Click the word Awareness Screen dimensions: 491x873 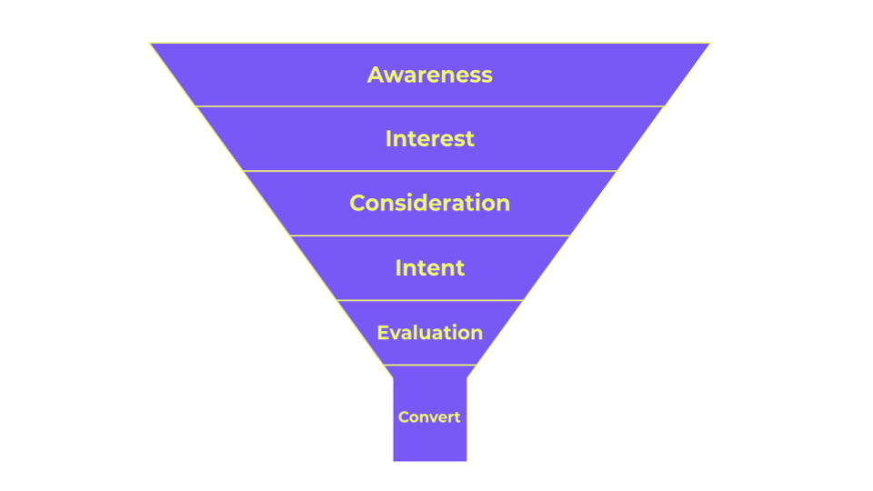tap(429, 75)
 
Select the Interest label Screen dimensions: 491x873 tap(429, 139)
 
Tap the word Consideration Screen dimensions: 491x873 tap(429, 203)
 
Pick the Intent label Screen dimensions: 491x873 tap(429, 268)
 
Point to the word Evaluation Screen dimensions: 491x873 tap(429, 333)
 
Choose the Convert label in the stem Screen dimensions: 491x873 tap(429, 417)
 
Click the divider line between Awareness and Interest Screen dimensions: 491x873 tap(429, 106)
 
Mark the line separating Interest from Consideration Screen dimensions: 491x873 tap(429, 171)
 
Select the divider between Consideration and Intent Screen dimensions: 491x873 tap(429, 235)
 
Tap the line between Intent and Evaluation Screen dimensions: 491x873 tap(429, 300)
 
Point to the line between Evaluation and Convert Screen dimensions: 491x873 tap(429, 366)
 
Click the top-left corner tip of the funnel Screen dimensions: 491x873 tap(152, 43)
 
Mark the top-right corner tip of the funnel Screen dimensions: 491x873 tap(708, 43)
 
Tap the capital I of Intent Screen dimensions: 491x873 tap(398, 268)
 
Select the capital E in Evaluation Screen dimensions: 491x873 tap(382, 333)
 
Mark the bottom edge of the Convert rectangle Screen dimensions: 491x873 tap(429, 460)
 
